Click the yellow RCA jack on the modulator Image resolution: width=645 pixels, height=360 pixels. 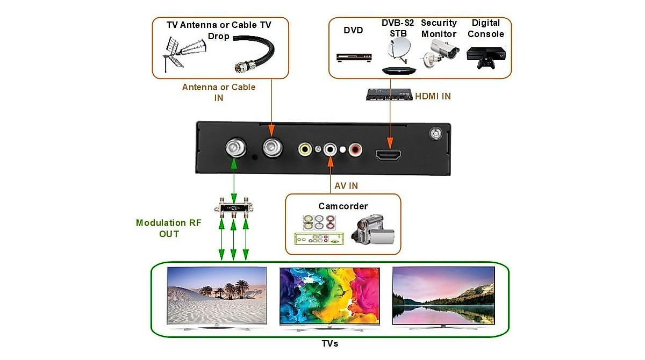click(x=305, y=149)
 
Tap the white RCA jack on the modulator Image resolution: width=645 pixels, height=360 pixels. click(x=329, y=149)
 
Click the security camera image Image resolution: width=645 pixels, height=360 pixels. click(x=440, y=54)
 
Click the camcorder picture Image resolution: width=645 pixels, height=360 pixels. click(x=372, y=230)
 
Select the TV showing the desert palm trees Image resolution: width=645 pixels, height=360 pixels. click(x=217, y=297)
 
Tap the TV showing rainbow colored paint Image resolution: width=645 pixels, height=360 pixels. click(x=330, y=297)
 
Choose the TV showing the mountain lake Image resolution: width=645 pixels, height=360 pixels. click(x=443, y=297)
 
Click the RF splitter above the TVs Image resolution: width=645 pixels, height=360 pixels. click(x=233, y=207)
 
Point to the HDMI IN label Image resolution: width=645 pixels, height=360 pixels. click(x=433, y=96)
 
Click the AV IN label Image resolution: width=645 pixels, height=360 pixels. click(x=346, y=186)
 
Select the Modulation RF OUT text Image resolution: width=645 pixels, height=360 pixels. click(x=168, y=228)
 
